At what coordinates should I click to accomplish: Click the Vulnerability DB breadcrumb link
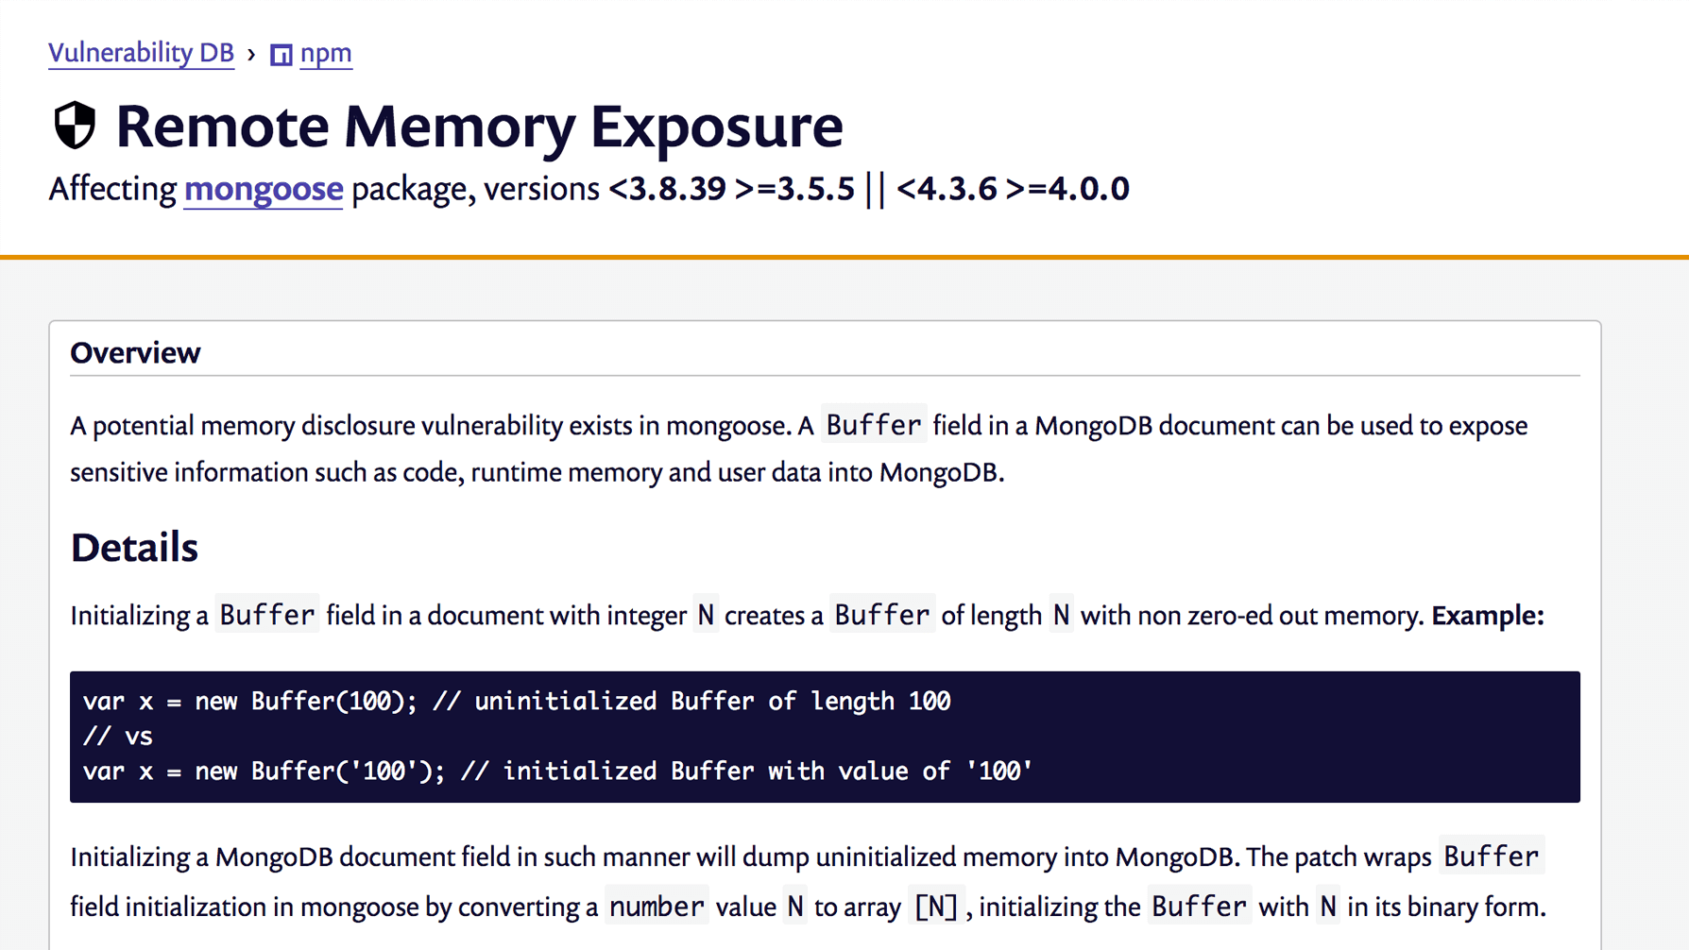tap(141, 53)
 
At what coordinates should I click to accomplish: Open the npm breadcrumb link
tap(326, 53)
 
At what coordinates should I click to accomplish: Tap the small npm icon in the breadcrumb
tap(281, 55)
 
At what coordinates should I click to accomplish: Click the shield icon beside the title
tap(75, 126)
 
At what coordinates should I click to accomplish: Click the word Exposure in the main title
tap(716, 126)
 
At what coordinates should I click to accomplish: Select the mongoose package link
tap(263, 189)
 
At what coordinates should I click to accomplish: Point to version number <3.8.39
tap(667, 189)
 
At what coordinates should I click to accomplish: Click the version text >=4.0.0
tap(1067, 189)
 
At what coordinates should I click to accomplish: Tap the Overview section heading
tap(135, 353)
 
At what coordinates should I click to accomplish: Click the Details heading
tap(134, 548)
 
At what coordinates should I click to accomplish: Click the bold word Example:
tap(1487, 616)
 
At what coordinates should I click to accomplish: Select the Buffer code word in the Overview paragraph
tap(873, 426)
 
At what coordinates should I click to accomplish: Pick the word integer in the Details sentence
tap(646, 616)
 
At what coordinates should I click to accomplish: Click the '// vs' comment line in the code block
tap(118, 737)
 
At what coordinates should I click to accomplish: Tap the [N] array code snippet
tap(935, 908)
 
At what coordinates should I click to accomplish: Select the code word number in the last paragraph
tap(657, 908)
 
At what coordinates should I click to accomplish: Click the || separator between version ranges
tap(876, 189)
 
